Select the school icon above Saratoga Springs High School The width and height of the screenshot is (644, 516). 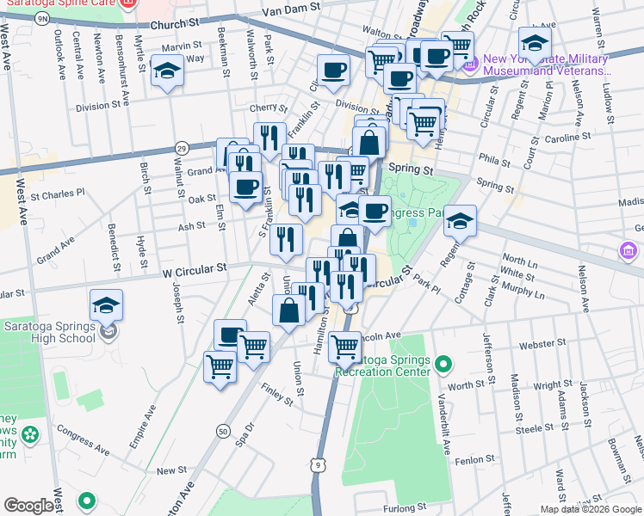[x=107, y=305]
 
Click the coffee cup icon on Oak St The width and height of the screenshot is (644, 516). [x=245, y=187]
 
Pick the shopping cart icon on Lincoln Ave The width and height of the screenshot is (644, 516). [x=345, y=347]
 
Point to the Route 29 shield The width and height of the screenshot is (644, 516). [x=182, y=149]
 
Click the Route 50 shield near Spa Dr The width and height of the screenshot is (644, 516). [x=223, y=430]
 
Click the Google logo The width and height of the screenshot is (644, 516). [x=28, y=506]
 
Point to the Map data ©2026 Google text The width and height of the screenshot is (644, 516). [x=591, y=508]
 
